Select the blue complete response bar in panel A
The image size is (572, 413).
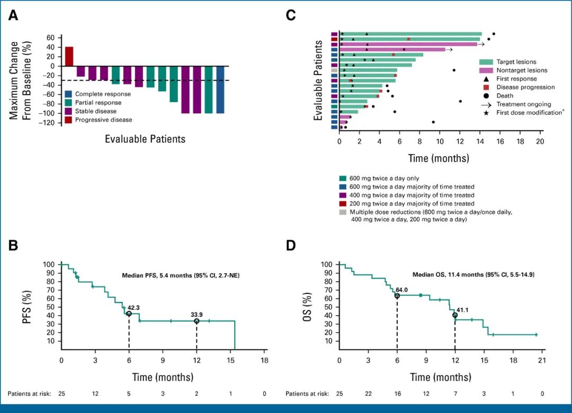pyautogui.click(x=220, y=89)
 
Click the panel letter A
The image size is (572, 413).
pyautogui.click(x=13, y=16)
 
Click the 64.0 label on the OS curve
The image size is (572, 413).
pyautogui.click(x=403, y=290)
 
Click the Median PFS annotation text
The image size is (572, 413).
pyautogui.click(x=181, y=274)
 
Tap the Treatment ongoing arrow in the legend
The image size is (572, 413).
pyautogui.click(x=485, y=104)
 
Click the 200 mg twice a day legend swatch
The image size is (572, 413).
pyautogui.click(x=342, y=203)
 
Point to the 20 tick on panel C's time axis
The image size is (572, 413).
pyautogui.click(x=540, y=142)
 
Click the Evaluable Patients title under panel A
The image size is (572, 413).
pyautogui.click(x=145, y=139)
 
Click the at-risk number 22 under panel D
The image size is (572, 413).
pyautogui.click(x=368, y=394)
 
